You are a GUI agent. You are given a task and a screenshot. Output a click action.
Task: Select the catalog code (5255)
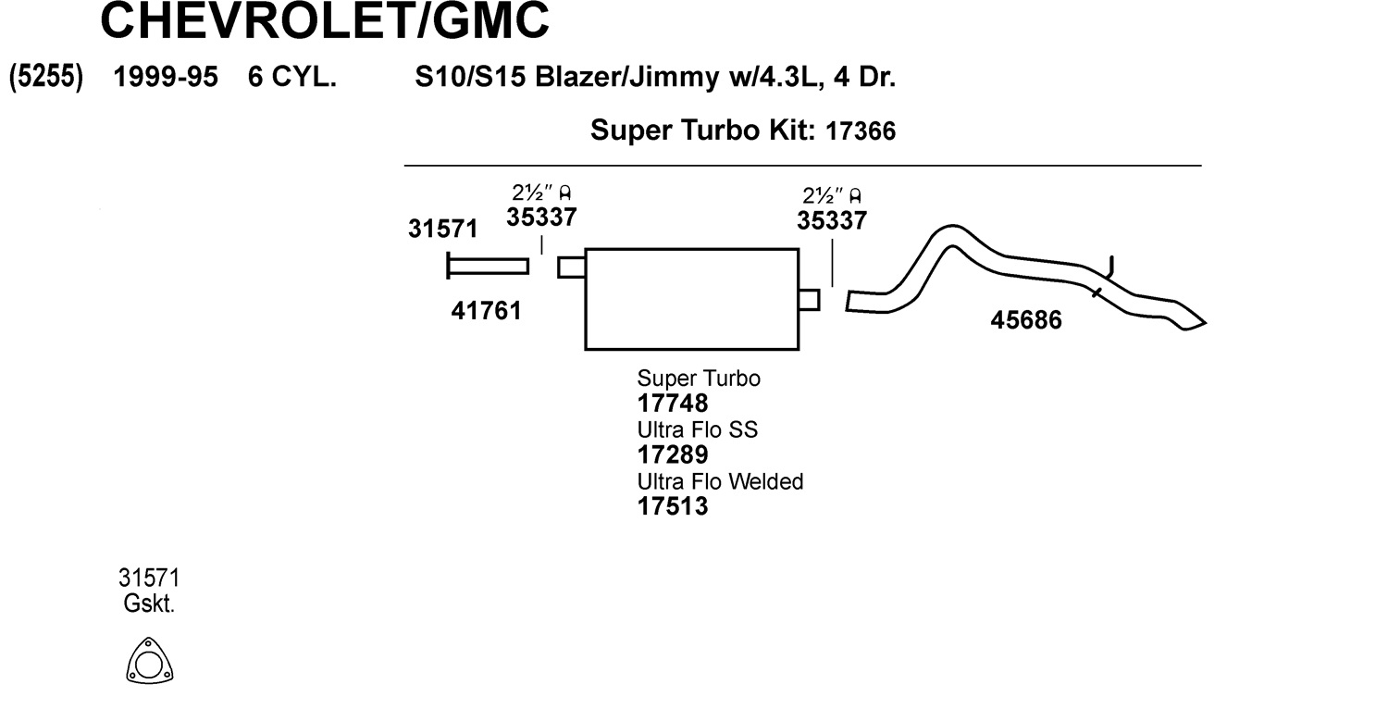[46, 77]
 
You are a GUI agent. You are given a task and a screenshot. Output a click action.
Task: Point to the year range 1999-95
[165, 77]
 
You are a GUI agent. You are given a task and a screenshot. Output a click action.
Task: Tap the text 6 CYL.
[291, 77]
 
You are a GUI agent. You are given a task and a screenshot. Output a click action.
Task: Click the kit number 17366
[860, 131]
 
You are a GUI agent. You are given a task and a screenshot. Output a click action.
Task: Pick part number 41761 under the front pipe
[487, 311]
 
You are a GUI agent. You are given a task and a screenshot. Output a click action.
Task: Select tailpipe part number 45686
[1026, 320]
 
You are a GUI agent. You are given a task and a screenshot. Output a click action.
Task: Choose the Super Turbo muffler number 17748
[673, 404]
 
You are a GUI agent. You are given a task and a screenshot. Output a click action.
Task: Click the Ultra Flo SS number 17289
[673, 454]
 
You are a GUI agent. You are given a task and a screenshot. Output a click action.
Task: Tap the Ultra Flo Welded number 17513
[673, 506]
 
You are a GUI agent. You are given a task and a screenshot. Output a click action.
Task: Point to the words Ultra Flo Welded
[720, 481]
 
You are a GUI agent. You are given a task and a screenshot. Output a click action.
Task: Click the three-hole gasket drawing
[150, 663]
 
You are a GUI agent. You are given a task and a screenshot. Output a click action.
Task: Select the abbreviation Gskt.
[149, 604]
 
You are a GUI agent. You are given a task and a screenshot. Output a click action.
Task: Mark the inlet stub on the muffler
[571, 267]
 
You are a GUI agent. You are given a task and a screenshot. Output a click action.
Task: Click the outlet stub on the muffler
[809, 299]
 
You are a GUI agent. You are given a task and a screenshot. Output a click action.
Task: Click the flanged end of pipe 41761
[449, 266]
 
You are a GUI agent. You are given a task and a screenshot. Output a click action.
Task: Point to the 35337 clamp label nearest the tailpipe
[832, 220]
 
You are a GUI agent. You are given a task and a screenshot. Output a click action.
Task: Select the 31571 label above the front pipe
[442, 230]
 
